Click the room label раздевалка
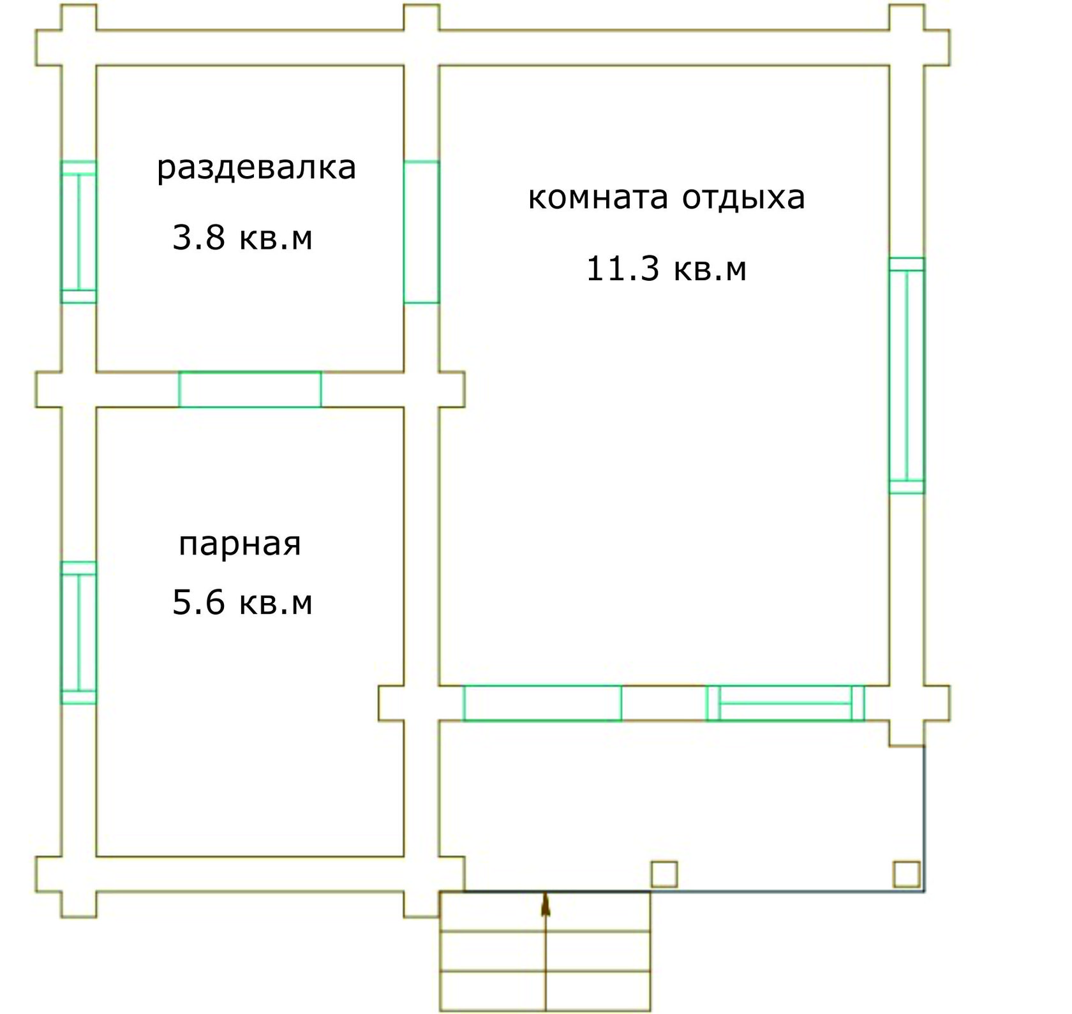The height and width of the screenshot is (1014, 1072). point(257,168)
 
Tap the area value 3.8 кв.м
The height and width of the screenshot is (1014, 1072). point(242,237)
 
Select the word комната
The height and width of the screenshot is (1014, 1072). point(598,198)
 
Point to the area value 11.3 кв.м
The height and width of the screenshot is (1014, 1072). point(666,269)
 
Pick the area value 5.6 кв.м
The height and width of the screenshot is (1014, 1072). point(242,602)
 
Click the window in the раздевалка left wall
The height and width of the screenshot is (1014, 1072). point(78,232)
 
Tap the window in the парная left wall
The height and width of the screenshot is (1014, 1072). point(78,632)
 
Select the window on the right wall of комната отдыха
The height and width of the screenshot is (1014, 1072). point(907,375)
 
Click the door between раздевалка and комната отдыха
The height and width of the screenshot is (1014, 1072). point(422,232)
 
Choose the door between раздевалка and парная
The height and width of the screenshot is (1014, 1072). point(250,389)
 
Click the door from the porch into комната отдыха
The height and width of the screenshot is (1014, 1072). point(542,703)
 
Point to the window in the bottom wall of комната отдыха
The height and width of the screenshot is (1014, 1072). point(785,703)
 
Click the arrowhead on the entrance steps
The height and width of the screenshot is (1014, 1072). point(546,905)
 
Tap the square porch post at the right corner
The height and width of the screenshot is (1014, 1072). point(907,874)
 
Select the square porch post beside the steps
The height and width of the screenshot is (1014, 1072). point(664,874)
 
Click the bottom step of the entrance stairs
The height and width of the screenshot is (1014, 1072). point(546,991)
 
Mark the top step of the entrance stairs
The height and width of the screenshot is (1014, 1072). point(546,912)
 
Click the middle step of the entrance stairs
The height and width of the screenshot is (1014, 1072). point(546,951)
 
